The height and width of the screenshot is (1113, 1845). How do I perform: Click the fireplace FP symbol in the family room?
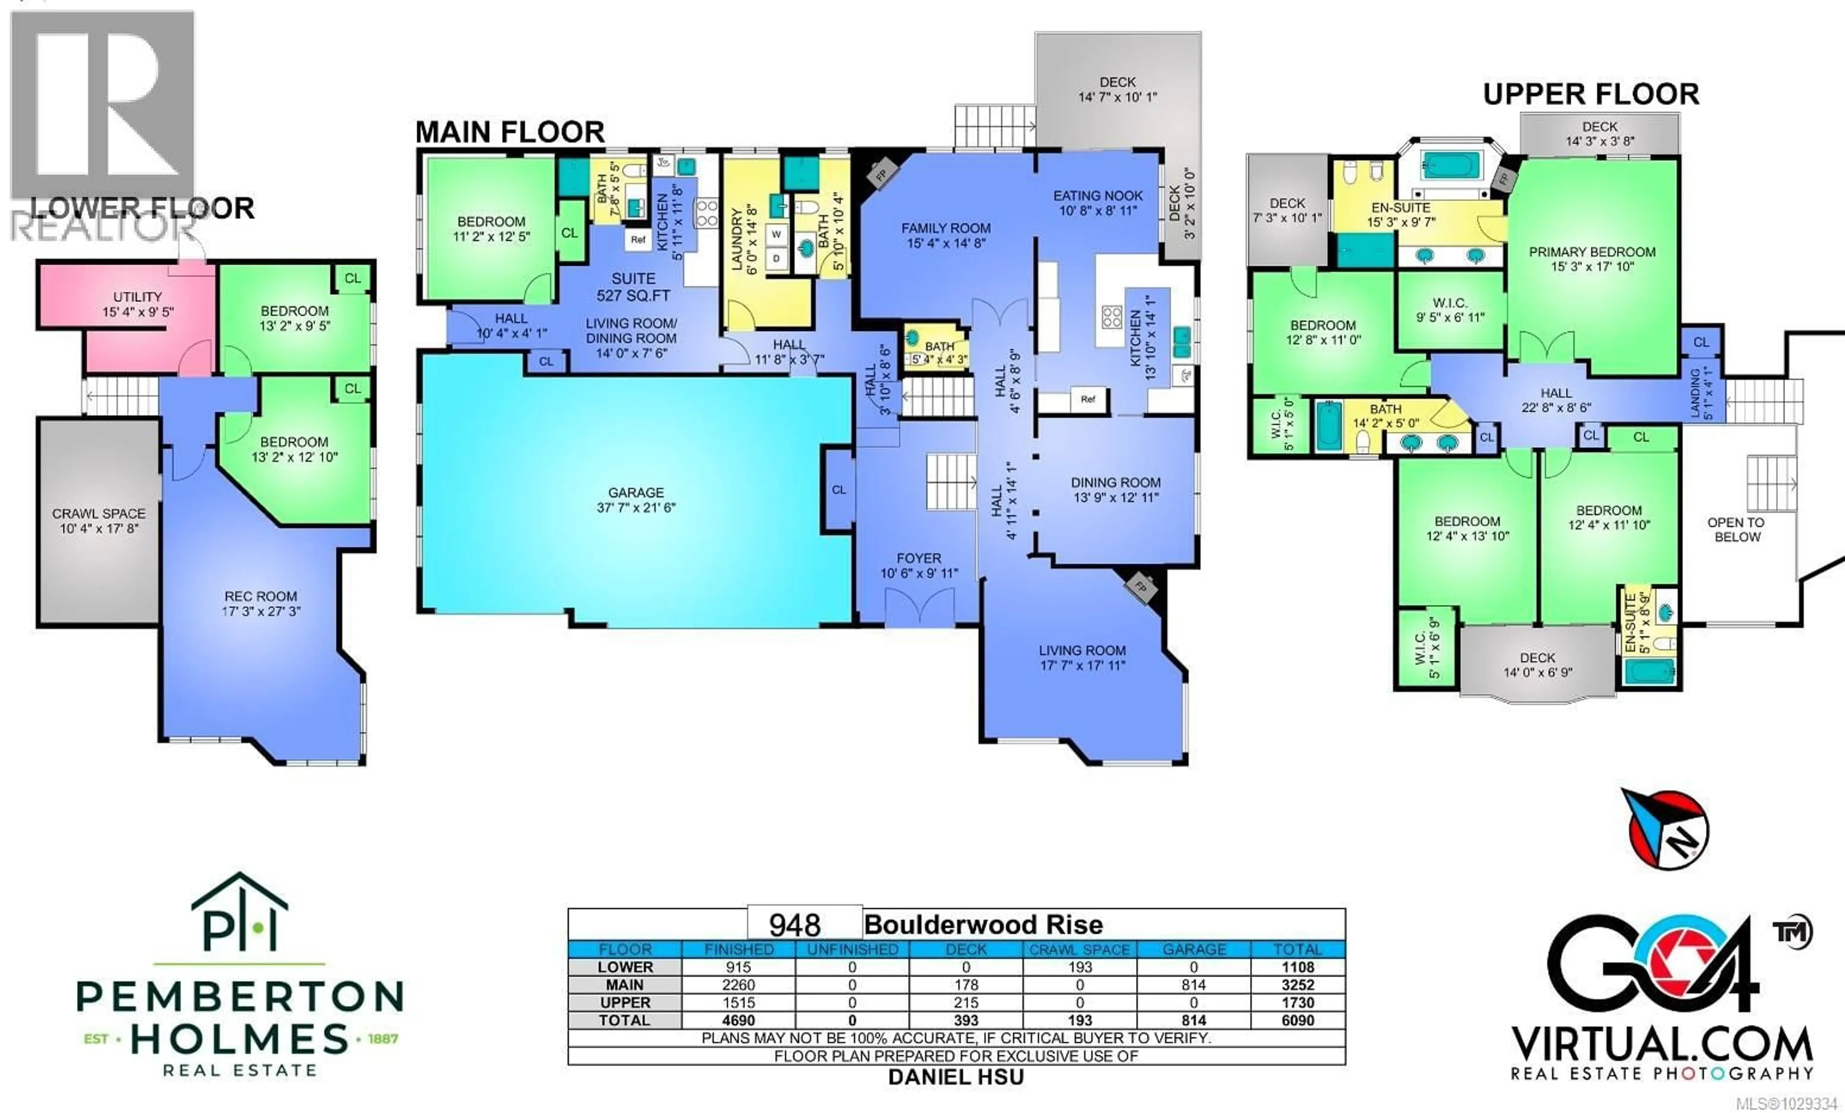point(881,174)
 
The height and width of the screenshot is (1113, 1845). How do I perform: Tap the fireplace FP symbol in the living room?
point(1141,586)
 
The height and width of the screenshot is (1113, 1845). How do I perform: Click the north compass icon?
point(1668,829)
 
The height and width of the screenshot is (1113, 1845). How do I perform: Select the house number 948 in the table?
point(795,926)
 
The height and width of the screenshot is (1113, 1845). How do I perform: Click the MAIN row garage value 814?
point(1193,985)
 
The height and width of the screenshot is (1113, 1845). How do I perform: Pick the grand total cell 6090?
point(1298,1020)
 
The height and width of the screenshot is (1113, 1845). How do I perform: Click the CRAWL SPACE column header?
point(1080,950)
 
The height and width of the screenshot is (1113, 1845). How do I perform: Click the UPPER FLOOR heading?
point(1591,94)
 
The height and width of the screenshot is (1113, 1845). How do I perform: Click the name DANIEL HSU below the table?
point(956,1077)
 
